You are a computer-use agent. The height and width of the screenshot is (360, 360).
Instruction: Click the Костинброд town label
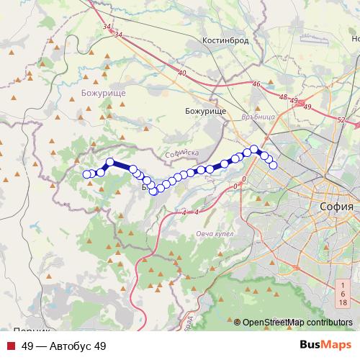225,41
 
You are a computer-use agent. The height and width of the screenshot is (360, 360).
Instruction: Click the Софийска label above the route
181,153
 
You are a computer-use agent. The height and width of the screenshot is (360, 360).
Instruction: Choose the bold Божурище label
104,93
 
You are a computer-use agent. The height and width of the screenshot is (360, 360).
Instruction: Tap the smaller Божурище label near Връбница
205,112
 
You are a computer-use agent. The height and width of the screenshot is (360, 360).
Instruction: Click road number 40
181,73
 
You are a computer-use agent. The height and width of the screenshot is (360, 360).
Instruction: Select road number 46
256,84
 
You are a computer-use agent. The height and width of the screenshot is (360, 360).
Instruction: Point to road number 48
283,97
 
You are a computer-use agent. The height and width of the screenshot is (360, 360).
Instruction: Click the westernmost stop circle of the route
87,174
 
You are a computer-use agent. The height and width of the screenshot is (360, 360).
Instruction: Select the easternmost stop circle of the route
274,165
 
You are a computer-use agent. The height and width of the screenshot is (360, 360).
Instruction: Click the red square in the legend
12,346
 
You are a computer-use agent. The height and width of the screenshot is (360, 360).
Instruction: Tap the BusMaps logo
326,346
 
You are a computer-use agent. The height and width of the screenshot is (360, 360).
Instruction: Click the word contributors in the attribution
328,322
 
